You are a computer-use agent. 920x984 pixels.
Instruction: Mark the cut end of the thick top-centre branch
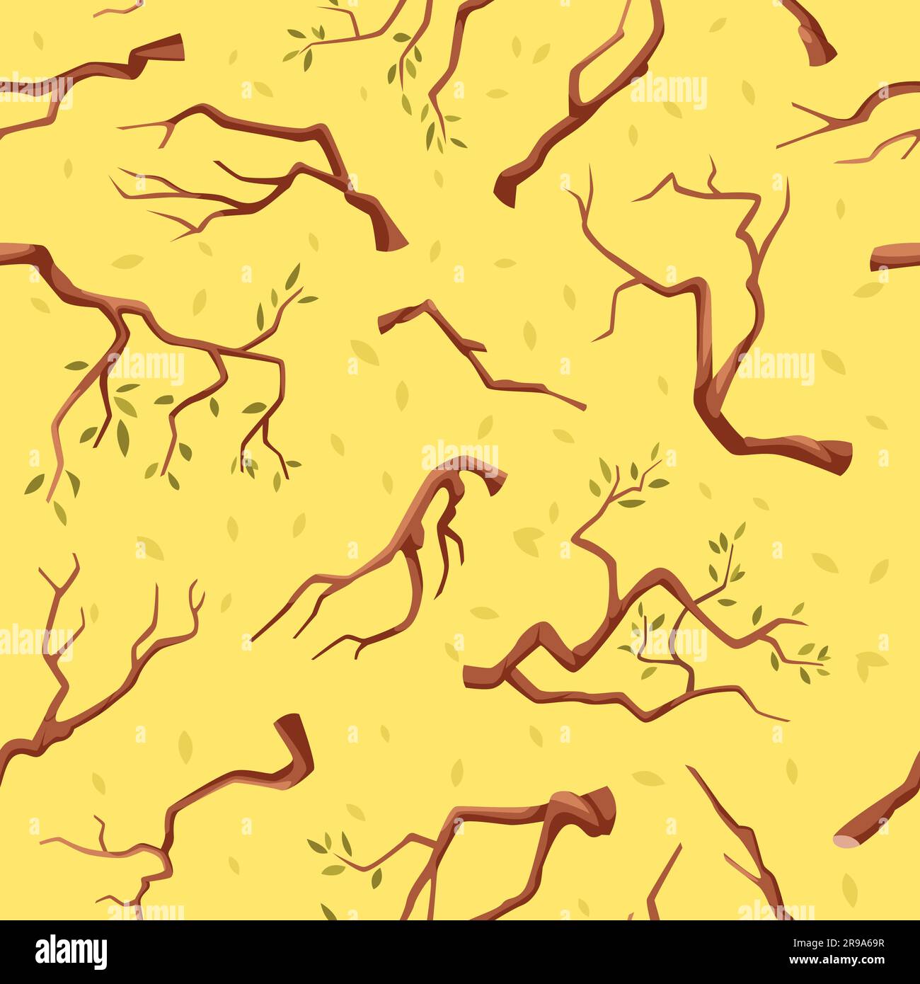tap(505, 185)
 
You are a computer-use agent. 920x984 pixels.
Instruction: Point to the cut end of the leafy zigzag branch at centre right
tap(473, 676)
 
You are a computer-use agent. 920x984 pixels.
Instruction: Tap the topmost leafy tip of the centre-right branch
tap(655, 453)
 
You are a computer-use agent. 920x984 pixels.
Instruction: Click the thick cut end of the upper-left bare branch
tap(390, 231)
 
